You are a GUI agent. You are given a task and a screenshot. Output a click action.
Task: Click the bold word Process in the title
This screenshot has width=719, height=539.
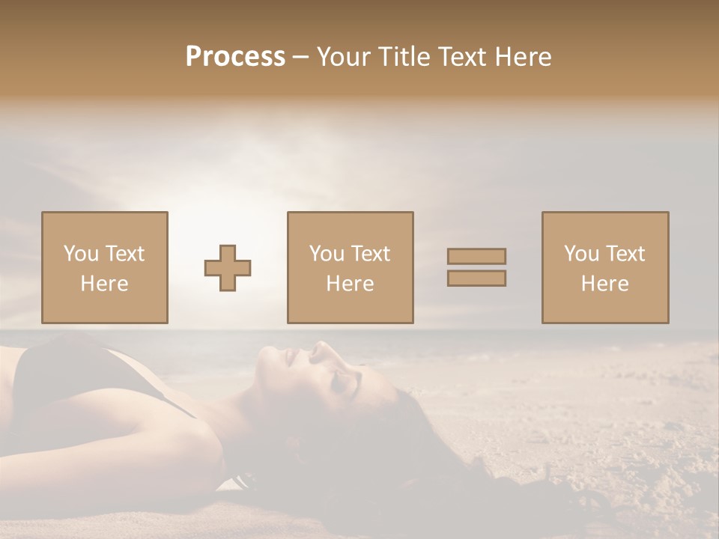tap(235, 57)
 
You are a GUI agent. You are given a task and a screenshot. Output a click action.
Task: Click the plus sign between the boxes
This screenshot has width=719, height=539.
tap(228, 268)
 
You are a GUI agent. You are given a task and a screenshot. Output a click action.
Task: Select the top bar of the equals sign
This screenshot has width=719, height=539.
tap(476, 256)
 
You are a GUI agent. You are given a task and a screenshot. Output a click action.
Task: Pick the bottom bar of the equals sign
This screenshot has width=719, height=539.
tap(476, 278)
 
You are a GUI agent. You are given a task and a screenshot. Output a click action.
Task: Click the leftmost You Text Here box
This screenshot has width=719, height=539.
tap(105, 267)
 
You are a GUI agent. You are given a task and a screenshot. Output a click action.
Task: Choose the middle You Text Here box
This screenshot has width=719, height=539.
tap(351, 267)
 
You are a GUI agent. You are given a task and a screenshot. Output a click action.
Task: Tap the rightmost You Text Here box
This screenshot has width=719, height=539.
tap(605, 267)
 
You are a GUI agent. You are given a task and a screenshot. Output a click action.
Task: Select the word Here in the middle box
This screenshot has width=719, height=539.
tap(351, 284)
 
